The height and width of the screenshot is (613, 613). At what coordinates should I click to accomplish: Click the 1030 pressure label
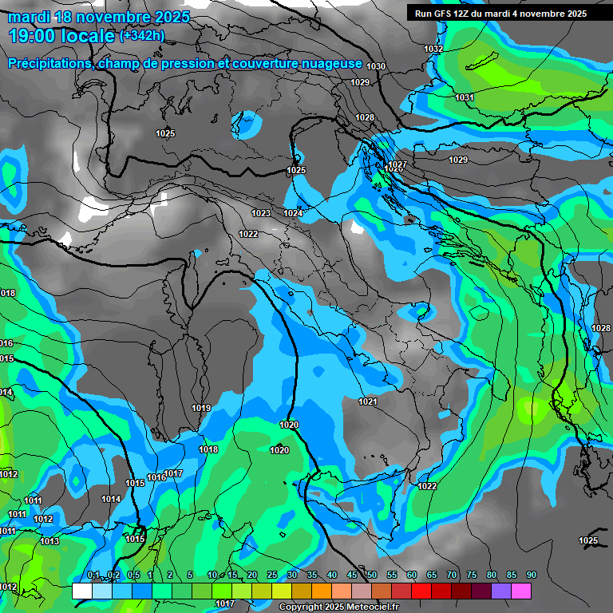[x=376, y=66]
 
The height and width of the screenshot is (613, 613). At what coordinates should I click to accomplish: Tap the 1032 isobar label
[x=433, y=49]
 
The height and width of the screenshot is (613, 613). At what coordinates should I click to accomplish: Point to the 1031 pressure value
[x=465, y=97]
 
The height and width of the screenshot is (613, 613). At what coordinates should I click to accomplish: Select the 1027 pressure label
[x=397, y=165]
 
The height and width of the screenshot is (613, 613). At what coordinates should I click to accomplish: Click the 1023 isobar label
[x=260, y=213]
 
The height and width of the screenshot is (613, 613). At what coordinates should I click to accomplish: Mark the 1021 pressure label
[x=368, y=401]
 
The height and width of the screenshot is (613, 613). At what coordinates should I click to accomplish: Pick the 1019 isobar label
[x=201, y=408]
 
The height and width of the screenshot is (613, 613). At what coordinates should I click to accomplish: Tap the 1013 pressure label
[x=49, y=541]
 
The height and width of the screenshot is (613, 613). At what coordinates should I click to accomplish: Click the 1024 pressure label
[x=293, y=213]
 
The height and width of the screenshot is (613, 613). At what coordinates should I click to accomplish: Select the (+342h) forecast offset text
[x=142, y=35]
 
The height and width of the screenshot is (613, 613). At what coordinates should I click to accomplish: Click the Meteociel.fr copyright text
[x=338, y=607]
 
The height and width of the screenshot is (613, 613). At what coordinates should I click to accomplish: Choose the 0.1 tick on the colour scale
[x=93, y=575]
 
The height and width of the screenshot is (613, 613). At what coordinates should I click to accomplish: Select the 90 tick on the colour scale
[x=531, y=575]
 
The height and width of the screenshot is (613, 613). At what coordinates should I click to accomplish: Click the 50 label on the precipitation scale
[x=372, y=575]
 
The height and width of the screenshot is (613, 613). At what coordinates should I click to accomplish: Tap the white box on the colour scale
[x=81, y=591]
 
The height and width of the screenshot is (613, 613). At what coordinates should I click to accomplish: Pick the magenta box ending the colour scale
[x=520, y=591]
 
